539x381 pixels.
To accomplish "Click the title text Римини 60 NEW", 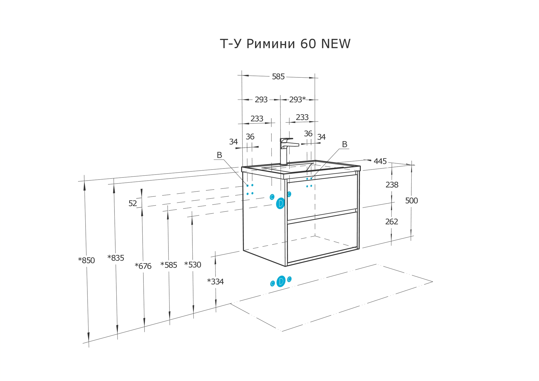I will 285,44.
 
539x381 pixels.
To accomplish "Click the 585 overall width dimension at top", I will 278,77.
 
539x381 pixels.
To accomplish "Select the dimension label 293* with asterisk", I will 297,100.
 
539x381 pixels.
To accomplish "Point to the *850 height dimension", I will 86,260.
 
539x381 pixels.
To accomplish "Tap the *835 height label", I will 116,258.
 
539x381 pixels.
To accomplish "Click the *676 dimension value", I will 143,266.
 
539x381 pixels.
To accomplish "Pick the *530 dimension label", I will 193,265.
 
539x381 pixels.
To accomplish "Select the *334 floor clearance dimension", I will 215,282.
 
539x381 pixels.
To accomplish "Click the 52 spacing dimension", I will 133,203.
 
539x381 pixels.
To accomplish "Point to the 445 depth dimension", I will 380,161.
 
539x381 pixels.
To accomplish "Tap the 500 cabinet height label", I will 411,201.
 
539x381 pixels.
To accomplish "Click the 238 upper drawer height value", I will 392,185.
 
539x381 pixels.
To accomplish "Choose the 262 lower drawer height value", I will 392,222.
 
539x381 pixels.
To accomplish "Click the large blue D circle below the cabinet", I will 281,281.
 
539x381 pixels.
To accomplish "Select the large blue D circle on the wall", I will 281,203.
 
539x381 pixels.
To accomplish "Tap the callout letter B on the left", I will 219,155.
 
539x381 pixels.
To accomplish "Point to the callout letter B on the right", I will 345,144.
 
